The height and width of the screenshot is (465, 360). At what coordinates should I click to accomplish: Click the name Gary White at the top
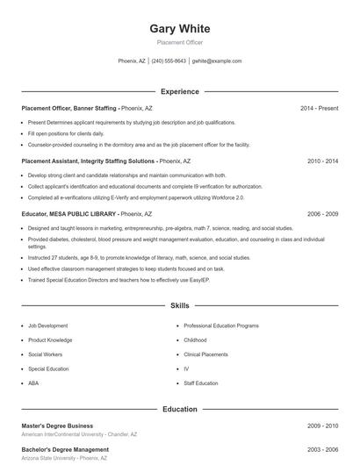point(180,28)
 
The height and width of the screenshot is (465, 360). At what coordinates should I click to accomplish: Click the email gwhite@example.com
point(216,61)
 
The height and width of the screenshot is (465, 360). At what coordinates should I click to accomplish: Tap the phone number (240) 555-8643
point(169,61)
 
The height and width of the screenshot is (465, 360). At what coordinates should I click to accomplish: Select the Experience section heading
point(180,91)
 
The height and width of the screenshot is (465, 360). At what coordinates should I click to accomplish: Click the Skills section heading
point(180,306)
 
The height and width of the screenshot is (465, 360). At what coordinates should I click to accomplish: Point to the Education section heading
point(180,409)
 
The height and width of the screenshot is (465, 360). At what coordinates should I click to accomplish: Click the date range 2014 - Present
point(319,108)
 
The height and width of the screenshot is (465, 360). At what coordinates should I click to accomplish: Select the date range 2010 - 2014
point(322,161)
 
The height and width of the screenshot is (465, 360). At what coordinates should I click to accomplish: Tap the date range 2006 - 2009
point(322,213)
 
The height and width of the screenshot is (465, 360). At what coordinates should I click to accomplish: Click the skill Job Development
point(47,325)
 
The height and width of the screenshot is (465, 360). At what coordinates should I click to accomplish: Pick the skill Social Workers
point(45,354)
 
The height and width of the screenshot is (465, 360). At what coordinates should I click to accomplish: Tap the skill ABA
point(33,383)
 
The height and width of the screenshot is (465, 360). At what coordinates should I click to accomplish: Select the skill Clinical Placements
point(205,354)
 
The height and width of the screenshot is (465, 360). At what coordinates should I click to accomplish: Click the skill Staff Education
point(201,383)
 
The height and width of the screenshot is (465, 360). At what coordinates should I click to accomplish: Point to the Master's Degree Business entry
point(57,426)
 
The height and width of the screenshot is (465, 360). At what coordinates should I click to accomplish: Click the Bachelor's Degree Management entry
point(65,449)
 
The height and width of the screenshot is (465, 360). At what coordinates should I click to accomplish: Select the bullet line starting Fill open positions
point(66,133)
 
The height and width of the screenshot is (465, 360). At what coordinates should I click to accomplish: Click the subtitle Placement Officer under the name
point(180,42)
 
